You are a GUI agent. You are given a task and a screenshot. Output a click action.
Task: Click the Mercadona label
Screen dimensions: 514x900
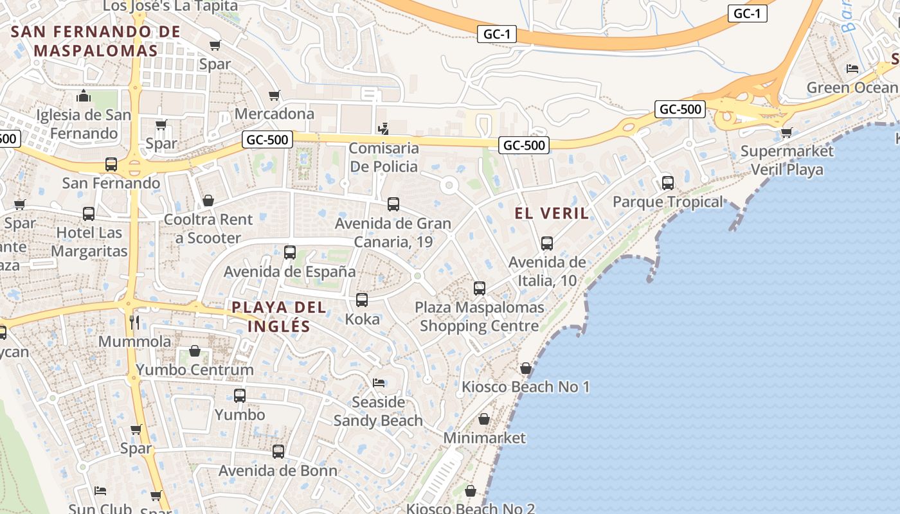click(x=274, y=114)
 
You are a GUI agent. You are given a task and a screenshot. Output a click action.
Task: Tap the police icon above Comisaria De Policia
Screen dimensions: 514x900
click(x=383, y=129)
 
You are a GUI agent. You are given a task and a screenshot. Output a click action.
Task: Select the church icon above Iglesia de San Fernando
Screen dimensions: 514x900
click(x=84, y=96)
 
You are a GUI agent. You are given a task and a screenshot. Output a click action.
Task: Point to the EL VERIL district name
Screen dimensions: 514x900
click(x=552, y=213)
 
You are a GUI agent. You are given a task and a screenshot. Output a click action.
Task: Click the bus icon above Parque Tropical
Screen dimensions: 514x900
click(x=668, y=183)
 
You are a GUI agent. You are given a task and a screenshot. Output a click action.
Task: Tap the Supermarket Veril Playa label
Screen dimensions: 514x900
click(x=787, y=161)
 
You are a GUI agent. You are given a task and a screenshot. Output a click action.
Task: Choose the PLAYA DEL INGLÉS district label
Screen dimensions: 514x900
click(x=279, y=317)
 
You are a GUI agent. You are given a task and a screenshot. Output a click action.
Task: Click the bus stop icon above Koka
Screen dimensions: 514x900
click(x=362, y=299)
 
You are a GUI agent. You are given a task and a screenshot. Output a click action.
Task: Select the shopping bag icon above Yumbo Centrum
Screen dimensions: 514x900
click(x=195, y=351)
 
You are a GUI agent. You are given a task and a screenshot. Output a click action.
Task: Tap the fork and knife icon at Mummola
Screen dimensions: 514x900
click(x=134, y=322)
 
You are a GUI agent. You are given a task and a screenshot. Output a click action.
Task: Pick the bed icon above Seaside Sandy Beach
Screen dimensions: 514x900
click(x=379, y=383)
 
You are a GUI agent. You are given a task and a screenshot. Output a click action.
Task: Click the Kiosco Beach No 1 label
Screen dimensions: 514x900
click(x=526, y=387)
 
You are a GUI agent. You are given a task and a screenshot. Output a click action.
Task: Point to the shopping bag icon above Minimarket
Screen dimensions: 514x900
click(x=484, y=419)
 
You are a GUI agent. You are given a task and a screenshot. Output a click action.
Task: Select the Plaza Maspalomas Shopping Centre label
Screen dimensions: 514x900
click(x=480, y=317)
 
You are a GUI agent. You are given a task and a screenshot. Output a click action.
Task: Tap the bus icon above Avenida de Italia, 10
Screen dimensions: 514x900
click(x=547, y=244)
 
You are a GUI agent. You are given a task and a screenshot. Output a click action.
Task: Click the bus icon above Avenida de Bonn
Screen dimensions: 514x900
click(x=278, y=452)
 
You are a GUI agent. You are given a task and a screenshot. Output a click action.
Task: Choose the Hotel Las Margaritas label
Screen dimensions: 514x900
click(x=89, y=242)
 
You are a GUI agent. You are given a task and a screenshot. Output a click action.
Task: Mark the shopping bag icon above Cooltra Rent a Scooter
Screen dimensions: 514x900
click(x=208, y=201)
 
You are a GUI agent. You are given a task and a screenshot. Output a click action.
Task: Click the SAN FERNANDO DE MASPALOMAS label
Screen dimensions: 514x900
click(x=96, y=40)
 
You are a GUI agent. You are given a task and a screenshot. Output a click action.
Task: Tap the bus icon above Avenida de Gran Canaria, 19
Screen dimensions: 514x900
click(x=393, y=204)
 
